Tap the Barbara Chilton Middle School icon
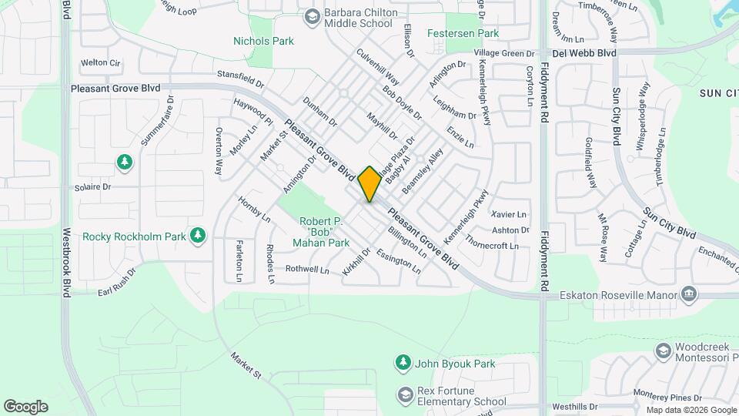(312, 16)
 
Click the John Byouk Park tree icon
(402, 362)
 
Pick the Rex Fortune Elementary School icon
(405, 395)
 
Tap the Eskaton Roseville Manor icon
(689, 294)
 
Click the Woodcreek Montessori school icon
(662, 351)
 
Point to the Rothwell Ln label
(307, 270)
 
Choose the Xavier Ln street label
(509, 214)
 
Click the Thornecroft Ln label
(493, 247)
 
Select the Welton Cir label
(102, 62)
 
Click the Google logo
(25, 406)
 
